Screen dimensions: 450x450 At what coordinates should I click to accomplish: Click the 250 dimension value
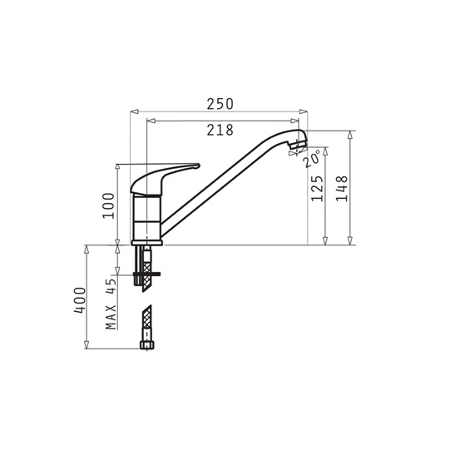(220, 104)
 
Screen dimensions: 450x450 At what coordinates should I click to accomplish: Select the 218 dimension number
(220, 130)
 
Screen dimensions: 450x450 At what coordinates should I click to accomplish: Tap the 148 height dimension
(342, 189)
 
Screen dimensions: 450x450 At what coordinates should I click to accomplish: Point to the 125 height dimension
(317, 189)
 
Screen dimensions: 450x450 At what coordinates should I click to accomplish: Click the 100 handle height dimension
(108, 205)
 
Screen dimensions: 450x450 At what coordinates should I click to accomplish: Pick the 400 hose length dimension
(80, 300)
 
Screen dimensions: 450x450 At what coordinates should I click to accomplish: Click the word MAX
(111, 317)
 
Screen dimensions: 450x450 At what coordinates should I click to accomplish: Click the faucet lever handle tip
(199, 166)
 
